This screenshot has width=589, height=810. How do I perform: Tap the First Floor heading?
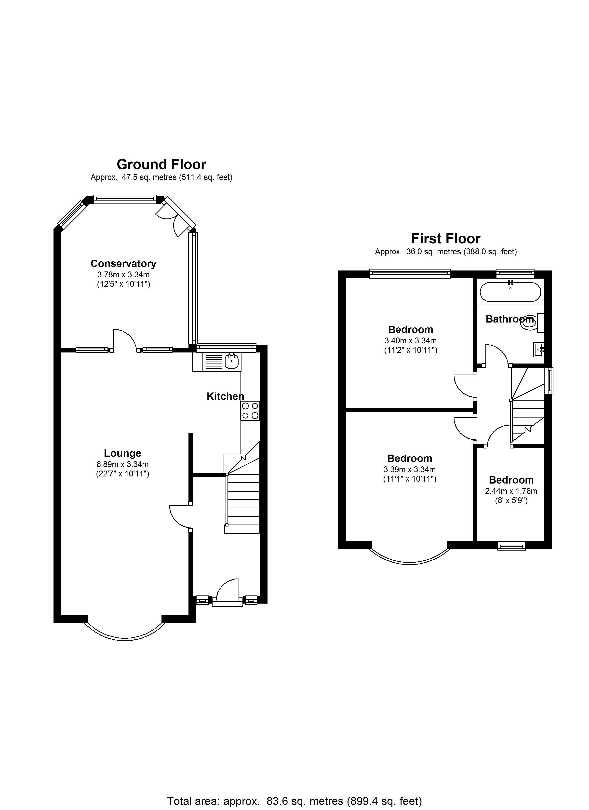(445, 239)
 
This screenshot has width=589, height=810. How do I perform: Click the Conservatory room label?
(123, 264)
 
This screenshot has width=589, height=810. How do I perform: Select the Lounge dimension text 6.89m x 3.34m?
(122, 464)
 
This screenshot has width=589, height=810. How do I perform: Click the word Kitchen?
(225, 396)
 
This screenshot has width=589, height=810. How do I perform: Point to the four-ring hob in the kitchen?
(250, 411)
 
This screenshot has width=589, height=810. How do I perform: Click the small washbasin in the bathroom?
(538, 349)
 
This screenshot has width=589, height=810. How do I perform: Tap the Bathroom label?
(509, 319)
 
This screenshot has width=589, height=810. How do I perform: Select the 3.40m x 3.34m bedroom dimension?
(410, 341)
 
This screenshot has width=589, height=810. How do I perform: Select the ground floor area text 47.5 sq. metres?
(161, 177)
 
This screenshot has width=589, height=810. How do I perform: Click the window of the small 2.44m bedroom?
(511, 545)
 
